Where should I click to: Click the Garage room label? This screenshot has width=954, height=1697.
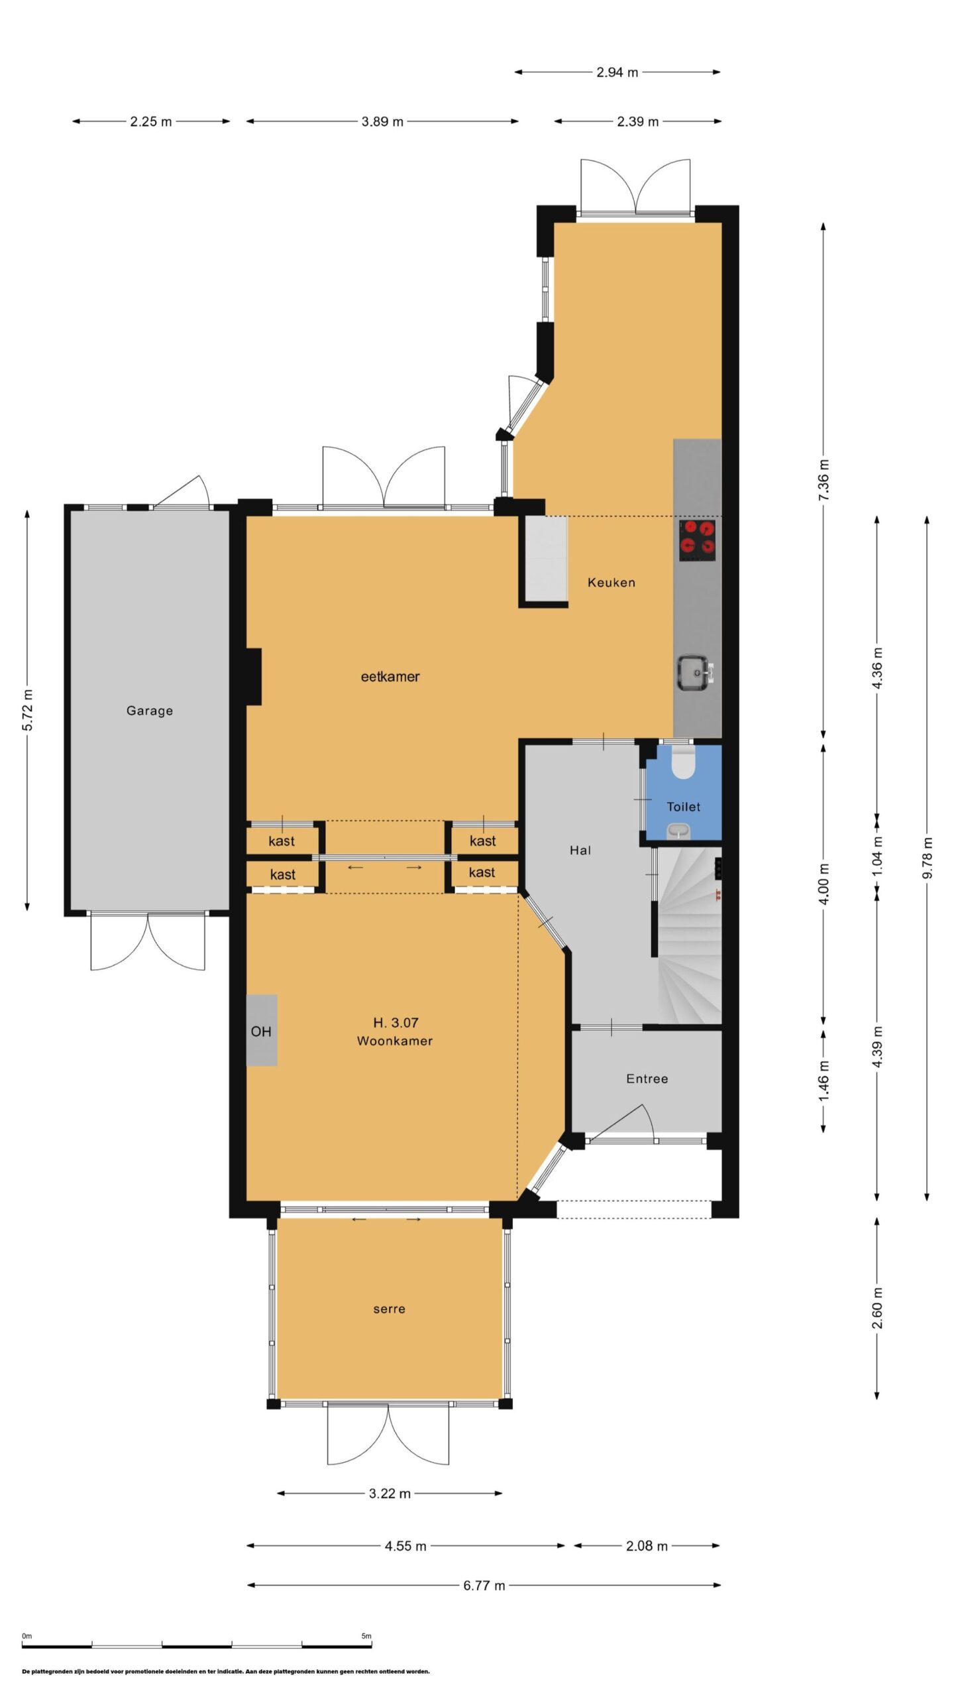point(150,711)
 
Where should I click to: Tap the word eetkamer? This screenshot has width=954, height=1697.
point(390,677)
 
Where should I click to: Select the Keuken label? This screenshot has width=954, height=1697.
point(611,583)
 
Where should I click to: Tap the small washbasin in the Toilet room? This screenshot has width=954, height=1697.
point(678,831)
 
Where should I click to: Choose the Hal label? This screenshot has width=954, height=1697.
point(580,850)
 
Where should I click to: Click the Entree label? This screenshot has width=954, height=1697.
point(647,1079)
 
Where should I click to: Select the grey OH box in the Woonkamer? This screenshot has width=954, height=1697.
point(262,1030)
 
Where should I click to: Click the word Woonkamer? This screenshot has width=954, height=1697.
point(395,1041)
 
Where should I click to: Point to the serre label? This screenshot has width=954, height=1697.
point(390,1309)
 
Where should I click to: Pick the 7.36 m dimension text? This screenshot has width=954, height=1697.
point(823,480)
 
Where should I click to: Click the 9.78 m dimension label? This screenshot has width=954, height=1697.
point(927,858)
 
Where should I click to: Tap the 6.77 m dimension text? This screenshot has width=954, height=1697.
point(484,1586)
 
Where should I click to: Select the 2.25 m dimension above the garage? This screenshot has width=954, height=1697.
point(151,121)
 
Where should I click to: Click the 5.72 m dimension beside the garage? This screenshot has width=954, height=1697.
point(27,711)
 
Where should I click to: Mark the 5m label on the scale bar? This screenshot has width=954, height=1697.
point(366,1636)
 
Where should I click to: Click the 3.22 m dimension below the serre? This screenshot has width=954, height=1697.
point(390,1493)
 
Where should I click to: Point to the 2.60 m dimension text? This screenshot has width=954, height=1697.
point(876,1308)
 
